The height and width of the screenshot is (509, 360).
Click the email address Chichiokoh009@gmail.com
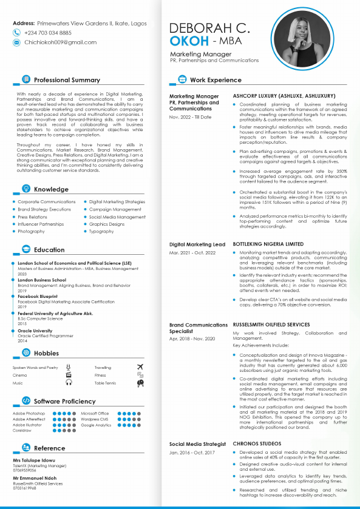pyautogui.click(x=60, y=42)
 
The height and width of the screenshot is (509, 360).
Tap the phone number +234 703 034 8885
pyautogui.click(x=47, y=33)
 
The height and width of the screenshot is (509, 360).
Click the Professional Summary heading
pyautogui.click(x=67, y=80)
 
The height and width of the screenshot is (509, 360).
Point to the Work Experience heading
pyautogui.click(x=216, y=80)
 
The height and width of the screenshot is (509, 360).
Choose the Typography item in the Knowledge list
pyautogui.click(x=101, y=231)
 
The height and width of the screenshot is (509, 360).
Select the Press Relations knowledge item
pyautogui.click(x=32, y=217)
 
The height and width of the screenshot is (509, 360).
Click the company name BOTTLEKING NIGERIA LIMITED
pyautogui.click(x=268, y=244)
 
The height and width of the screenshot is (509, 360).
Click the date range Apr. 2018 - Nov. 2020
pyautogui.click(x=192, y=338)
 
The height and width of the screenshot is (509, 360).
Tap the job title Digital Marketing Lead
pyautogui.click(x=197, y=244)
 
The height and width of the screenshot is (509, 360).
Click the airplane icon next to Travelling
pyautogui.click(x=140, y=367)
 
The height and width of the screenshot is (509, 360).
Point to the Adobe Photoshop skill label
pyautogui.click(x=29, y=414)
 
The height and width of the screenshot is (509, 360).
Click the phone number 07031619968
pyautogui.click(x=25, y=488)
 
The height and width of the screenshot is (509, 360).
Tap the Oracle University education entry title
pyautogui.click(x=35, y=331)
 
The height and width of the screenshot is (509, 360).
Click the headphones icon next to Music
pyautogui.click(x=69, y=383)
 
